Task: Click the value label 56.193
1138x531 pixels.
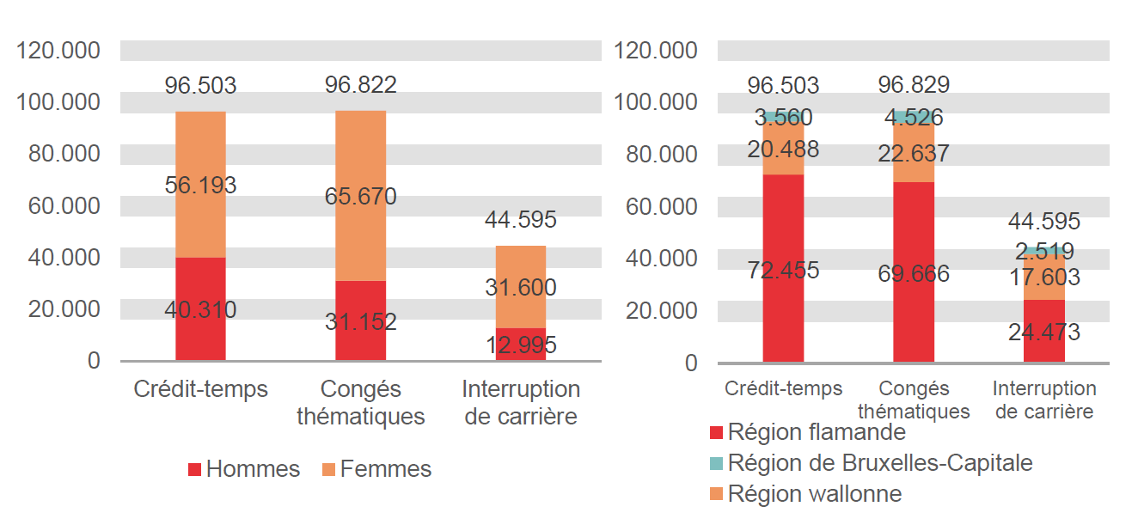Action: click(200, 186)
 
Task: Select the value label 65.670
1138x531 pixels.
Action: click(360, 197)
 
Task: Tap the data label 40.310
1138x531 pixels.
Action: click(200, 309)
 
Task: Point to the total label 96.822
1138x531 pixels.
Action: click(360, 85)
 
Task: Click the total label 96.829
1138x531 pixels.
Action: click(914, 85)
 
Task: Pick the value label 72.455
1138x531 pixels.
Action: click(783, 271)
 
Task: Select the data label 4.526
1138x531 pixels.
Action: click(914, 118)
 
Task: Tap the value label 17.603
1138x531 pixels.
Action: click(1044, 278)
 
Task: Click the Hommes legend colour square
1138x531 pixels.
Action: click(195, 470)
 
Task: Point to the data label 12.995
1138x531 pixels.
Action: click(520, 345)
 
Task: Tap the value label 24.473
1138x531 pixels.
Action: click(1044, 333)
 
